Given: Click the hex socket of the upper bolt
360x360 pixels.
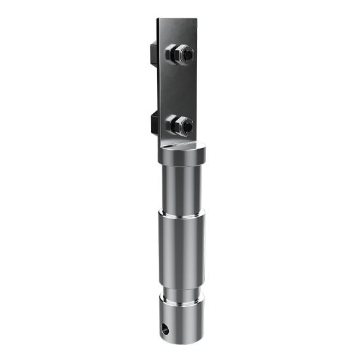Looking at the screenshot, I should coord(187,56).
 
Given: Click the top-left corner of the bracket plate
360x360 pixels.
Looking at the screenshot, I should coord(158,19).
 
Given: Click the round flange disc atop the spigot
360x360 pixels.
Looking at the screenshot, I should coord(181,154).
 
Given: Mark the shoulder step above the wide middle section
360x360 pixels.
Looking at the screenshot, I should coord(181,214).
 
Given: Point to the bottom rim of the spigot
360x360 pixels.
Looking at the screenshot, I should coord(182,342).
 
